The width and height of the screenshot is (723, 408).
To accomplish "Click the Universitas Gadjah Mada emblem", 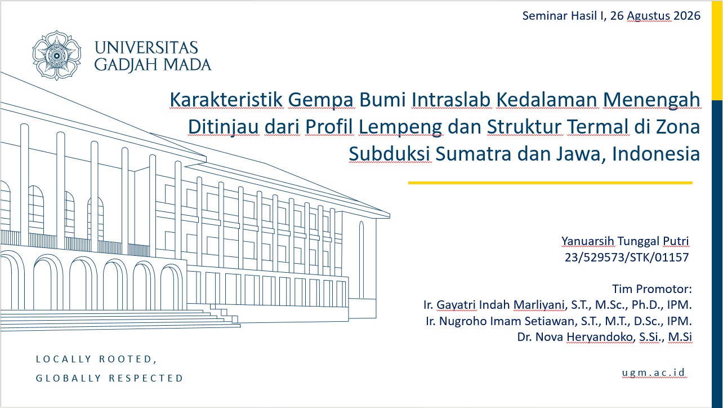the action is (56, 55).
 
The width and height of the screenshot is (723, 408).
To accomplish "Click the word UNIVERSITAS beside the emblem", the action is (146, 48).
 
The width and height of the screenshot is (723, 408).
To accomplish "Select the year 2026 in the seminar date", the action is (686, 16).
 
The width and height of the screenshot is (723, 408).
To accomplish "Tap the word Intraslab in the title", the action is (451, 100).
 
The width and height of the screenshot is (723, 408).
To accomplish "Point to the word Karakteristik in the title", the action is (226, 100).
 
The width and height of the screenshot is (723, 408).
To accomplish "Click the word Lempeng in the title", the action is (400, 127).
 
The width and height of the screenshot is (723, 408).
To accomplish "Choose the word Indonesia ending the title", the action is (656, 153).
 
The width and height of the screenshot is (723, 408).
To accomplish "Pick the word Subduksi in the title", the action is (389, 153).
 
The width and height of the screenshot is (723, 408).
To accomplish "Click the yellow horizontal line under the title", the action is (550, 183).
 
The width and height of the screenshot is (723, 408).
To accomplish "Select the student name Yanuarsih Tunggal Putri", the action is (625, 241).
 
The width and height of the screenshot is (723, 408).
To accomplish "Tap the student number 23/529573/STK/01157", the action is (627, 257).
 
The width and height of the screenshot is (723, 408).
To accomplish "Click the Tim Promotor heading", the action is (652, 289).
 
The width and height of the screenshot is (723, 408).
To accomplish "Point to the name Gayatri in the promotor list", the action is (456, 305).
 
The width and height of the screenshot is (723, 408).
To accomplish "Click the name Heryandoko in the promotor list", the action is (600, 337).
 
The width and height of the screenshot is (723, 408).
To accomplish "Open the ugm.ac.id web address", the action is (653, 372).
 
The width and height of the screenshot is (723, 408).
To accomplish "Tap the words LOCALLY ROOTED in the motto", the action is (96, 359).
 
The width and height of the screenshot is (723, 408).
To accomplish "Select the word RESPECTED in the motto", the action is (146, 378).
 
